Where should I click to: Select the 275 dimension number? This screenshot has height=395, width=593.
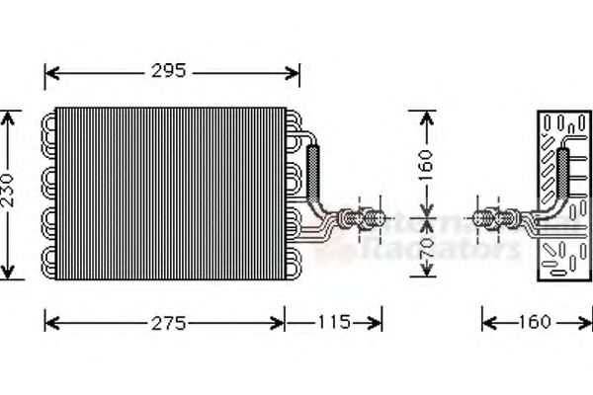pyautogui.click(x=167, y=323)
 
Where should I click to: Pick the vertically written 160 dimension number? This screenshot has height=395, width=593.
pyautogui.click(x=426, y=164)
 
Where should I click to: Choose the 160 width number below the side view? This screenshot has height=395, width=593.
pyautogui.click(x=534, y=323)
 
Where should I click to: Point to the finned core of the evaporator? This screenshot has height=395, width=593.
pyautogui.click(x=168, y=193)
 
